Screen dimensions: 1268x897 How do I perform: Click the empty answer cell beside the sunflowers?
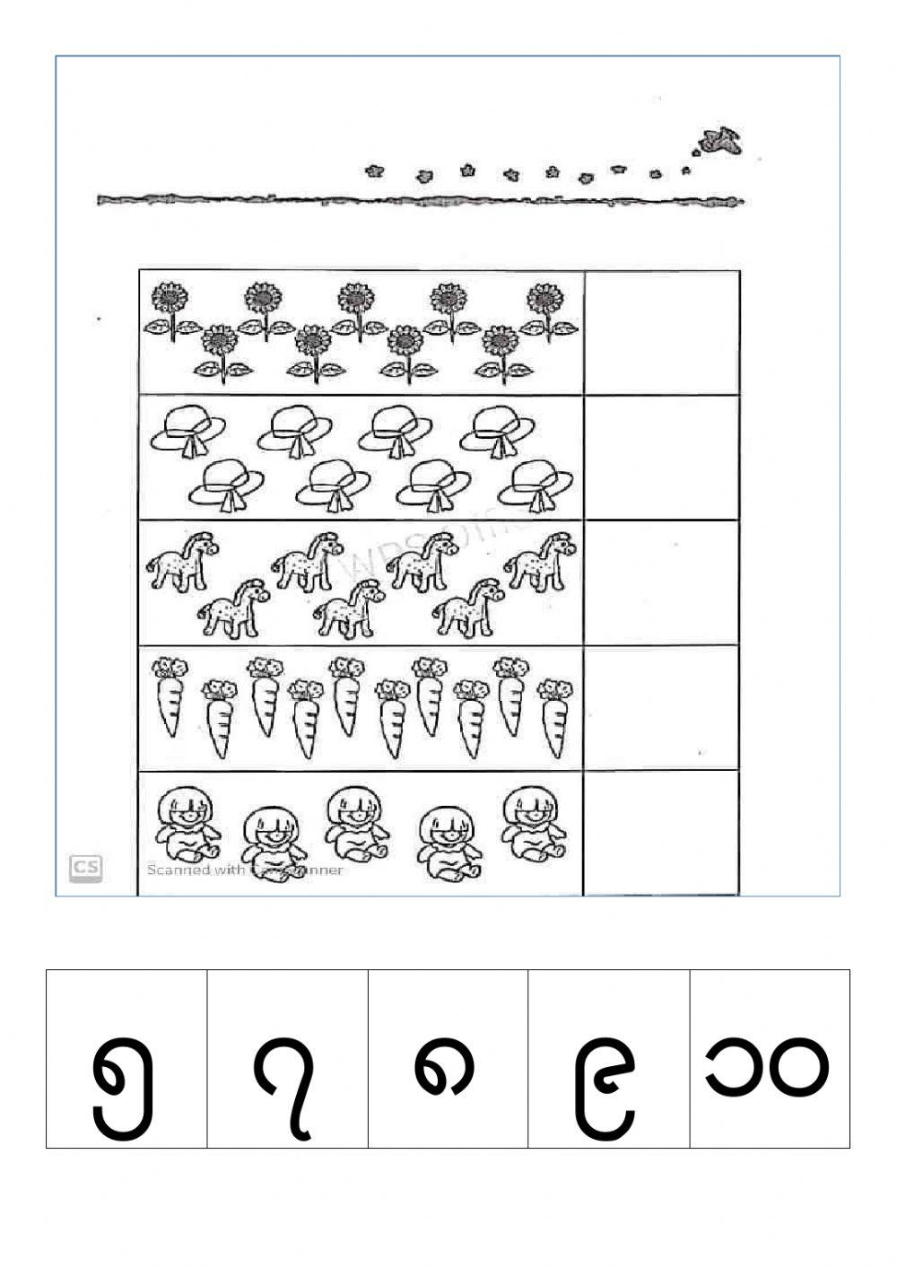point(662,332)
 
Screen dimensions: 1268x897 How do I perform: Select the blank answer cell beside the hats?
point(662,457)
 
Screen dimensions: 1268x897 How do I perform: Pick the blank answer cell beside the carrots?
point(662,706)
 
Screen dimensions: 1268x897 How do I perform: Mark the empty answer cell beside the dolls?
point(662,832)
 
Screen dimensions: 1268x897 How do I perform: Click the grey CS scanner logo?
point(86,868)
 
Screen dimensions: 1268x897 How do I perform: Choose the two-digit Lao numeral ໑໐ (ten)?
point(770,1068)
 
